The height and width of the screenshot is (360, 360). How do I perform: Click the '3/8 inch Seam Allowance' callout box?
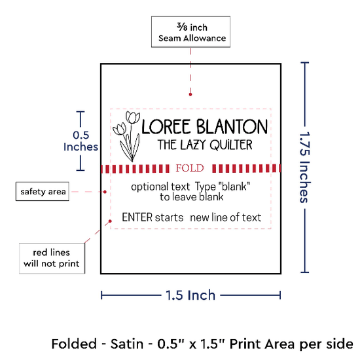[x=190, y=31]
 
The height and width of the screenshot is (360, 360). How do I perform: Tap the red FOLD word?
[x=190, y=168]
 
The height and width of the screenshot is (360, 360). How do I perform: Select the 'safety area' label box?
[x=43, y=192]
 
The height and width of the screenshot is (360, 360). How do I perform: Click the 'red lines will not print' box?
[x=52, y=259]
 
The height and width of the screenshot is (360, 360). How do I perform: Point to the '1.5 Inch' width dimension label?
[x=190, y=295]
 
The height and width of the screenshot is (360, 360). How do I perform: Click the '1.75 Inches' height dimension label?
[x=305, y=167]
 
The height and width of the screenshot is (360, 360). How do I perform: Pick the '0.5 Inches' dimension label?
[x=81, y=141]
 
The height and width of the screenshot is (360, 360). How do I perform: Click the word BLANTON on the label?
[x=232, y=126]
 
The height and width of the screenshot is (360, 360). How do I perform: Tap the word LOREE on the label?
[x=166, y=126]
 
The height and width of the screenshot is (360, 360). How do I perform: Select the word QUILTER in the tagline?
[x=231, y=145]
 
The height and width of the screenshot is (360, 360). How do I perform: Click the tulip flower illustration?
[x=127, y=136]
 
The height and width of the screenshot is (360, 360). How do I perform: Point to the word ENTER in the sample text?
[x=137, y=217]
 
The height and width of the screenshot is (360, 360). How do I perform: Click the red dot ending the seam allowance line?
[x=190, y=94]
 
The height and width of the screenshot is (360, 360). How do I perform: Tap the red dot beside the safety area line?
[x=105, y=192]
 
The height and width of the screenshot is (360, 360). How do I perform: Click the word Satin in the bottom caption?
[x=127, y=344]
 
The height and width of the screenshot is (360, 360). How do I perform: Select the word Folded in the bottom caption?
[x=74, y=344]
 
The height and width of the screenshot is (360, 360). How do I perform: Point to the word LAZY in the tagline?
[x=193, y=145]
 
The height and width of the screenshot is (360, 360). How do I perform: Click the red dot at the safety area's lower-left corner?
[x=110, y=221]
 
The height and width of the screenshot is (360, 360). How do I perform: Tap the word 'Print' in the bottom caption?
[x=244, y=344]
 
